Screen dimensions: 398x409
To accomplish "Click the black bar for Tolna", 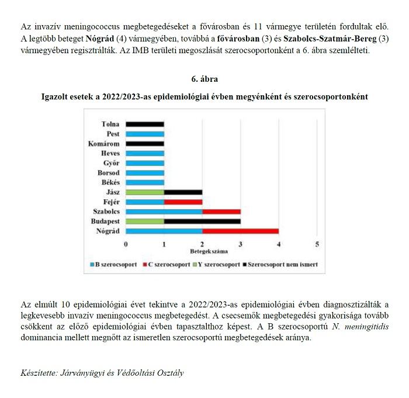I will click(x=145, y=124).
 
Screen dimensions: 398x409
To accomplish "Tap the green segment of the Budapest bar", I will click(x=145, y=222).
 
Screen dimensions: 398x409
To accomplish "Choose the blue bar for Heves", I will click(x=145, y=154).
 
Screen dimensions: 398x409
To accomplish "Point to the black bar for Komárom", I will click(x=145, y=144).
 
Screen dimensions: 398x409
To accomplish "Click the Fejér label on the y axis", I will click(x=111, y=202).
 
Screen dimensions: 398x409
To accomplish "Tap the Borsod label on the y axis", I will click(x=109, y=173).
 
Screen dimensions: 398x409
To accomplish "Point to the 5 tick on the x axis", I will click(x=317, y=244).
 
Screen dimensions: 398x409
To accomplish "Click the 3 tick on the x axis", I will click(x=240, y=244).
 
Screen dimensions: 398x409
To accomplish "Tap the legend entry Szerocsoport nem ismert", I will click(x=283, y=265).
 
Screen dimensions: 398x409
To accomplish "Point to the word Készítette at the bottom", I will click(x=40, y=372).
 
